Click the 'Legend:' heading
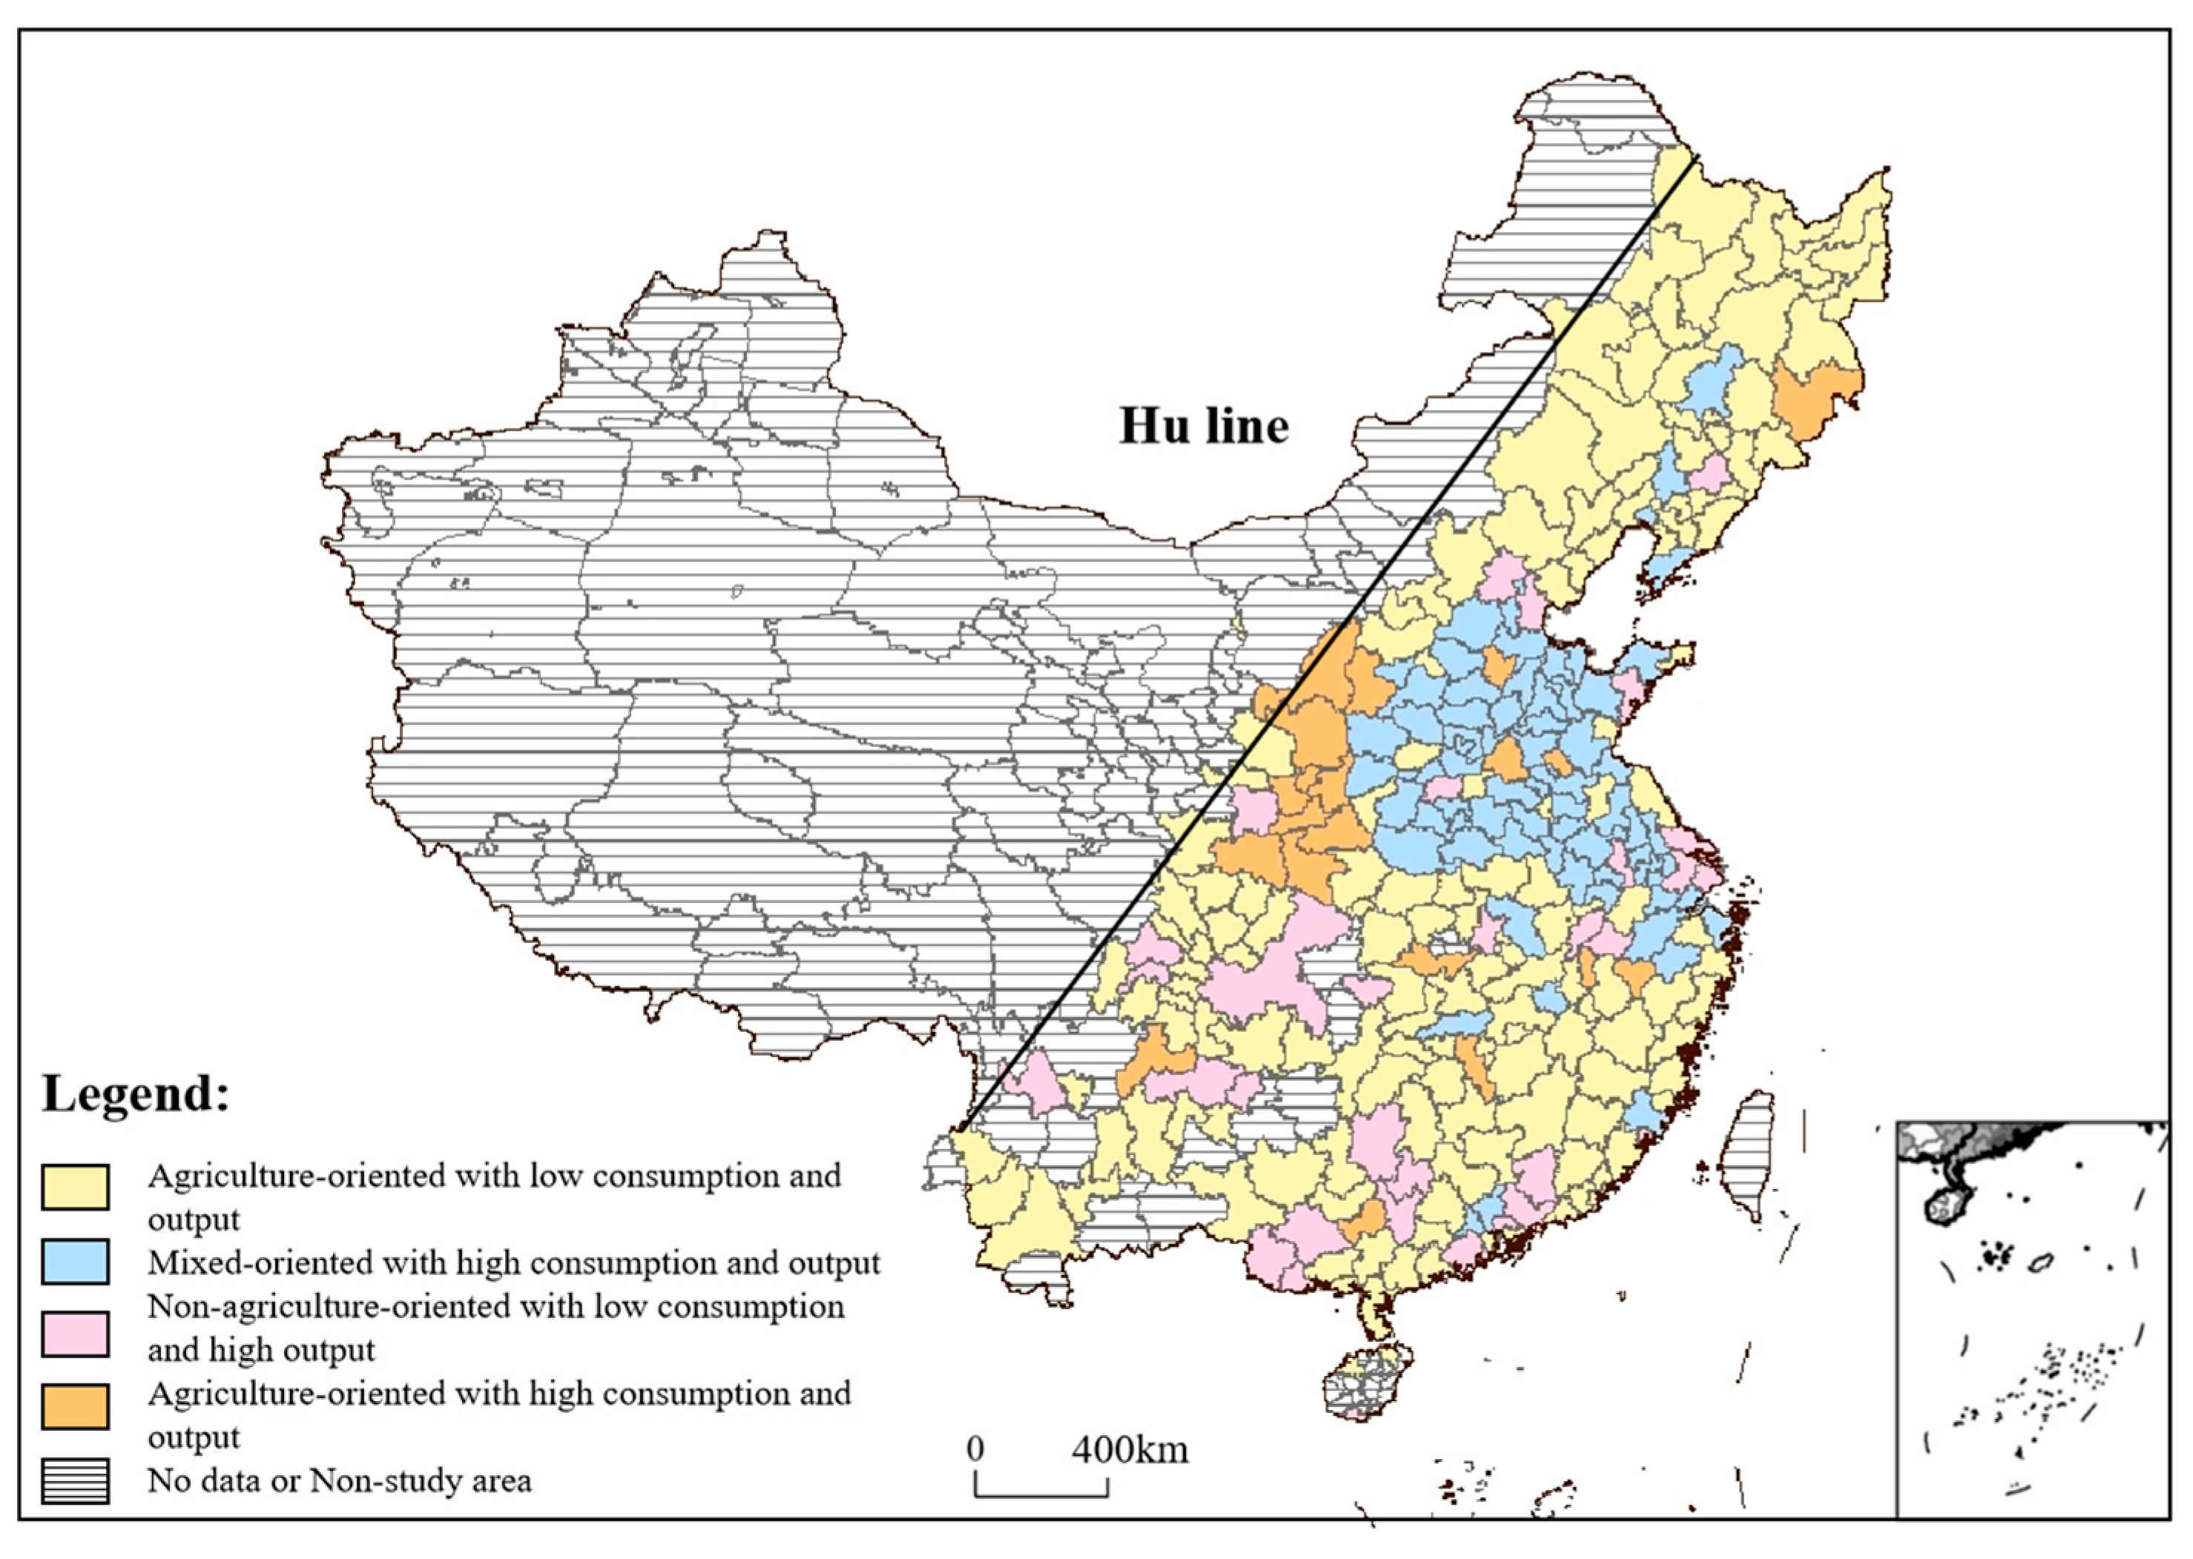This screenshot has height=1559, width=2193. [x=136, y=1093]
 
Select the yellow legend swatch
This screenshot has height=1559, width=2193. [x=75, y=1187]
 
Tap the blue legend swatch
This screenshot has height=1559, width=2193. [x=75, y=1262]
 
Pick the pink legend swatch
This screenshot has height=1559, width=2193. [x=75, y=1334]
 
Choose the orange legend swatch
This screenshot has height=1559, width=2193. [x=75, y=1407]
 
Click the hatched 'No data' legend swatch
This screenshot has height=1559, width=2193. [x=75, y=1480]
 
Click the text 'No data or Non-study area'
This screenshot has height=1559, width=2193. [x=339, y=1480]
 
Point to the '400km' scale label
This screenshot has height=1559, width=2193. [x=1130, y=1449]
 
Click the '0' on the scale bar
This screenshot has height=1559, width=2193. [x=975, y=1449]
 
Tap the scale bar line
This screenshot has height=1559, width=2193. [x=1042, y=1495]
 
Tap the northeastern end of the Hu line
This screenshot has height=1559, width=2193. [x=1697, y=156]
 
